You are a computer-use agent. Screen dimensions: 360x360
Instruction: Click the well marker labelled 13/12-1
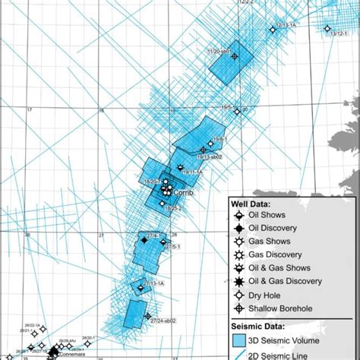pyautogui.click(x=327, y=29)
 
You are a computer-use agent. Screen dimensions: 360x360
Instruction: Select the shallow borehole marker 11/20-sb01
pyautogui.click(x=234, y=55)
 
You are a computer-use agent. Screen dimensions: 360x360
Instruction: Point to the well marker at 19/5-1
pyautogui.click(x=237, y=112)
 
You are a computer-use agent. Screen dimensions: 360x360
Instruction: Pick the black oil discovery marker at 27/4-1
pyautogui.click(x=144, y=240)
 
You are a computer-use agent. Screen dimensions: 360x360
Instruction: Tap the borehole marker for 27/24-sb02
pyautogui.click(x=147, y=317)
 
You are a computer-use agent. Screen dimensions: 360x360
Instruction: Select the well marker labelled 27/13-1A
pyautogui.click(x=140, y=287)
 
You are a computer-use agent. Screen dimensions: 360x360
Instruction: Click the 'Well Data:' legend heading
pyautogui.click(x=259, y=204)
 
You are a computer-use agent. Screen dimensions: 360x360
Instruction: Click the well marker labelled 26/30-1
pyautogui.click(x=87, y=343)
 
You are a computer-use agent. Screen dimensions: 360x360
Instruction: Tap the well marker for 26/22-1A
pyautogui.click(x=43, y=329)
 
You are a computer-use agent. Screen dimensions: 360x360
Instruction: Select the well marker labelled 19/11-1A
pyautogui.click(x=180, y=168)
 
